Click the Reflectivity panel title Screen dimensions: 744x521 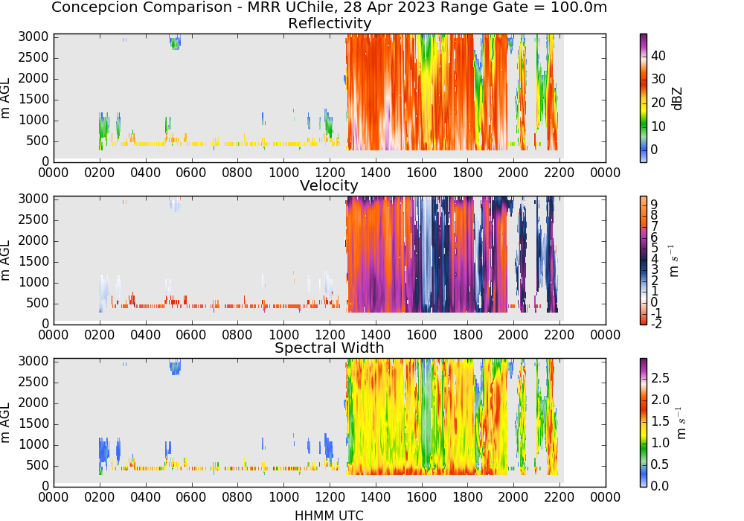pyautogui.click(x=330, y=23)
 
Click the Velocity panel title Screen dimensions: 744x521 pyautogui.click(x=329, y=185)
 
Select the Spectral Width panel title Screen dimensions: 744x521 pyautogui.click(x=330, y=348)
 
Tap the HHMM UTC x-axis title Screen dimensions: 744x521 pyautogui.click(x=329, y=515)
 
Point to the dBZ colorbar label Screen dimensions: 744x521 pyautogui.click(x=677, y=99)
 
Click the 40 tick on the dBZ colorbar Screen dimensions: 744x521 pyautogui.click(x=658, y=56)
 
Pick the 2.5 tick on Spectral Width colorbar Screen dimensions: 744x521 pyautogui.click(x=660, y=378)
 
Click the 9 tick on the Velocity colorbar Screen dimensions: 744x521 pyautogui.click(x=654, y=205)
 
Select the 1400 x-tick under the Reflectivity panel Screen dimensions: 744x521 pyautogui.click(x=375, y=172)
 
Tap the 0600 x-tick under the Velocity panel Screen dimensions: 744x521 pyautogui.click(x=191, y=335)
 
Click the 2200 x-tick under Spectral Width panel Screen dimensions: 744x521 pyautogui.click(x=559, y=497)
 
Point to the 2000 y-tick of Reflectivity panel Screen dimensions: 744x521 pyautogui.click(x=33, y=78)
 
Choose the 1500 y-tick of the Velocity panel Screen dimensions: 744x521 pyautogui.click(x=33, y=261)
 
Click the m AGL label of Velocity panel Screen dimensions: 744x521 pyautogui.click(x=6, y=260)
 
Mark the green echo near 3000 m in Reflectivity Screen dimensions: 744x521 pyautogui.click(x=175, y=42)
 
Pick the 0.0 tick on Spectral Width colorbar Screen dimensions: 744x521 pyautogui.click(x=660, y=486)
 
